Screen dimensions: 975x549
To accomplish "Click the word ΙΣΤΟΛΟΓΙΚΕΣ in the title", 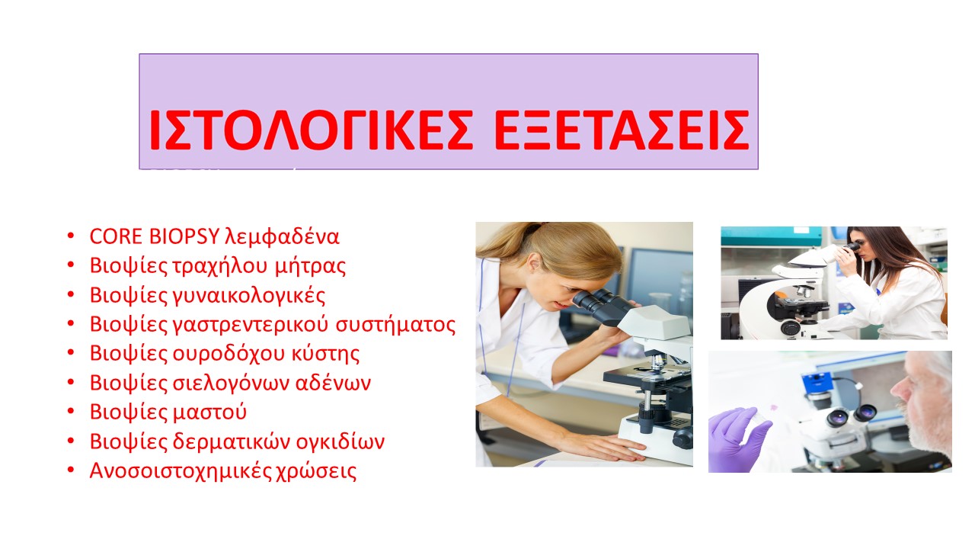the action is (x=311, y=130).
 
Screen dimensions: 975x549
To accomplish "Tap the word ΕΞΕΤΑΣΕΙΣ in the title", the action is (x=622, y=130).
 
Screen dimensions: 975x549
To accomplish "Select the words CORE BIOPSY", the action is (x=154, y=236).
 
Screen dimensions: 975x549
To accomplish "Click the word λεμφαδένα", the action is (x=282, y=237).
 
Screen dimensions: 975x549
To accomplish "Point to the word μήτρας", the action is (x=310, y=267).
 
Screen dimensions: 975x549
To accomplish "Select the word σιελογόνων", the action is (x=231, y=384).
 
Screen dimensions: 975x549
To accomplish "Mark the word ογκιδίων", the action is (x=340, y=442).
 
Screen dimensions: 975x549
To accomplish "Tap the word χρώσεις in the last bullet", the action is (x=316, y=472).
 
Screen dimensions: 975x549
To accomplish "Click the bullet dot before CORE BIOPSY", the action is (x=71, y=236).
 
